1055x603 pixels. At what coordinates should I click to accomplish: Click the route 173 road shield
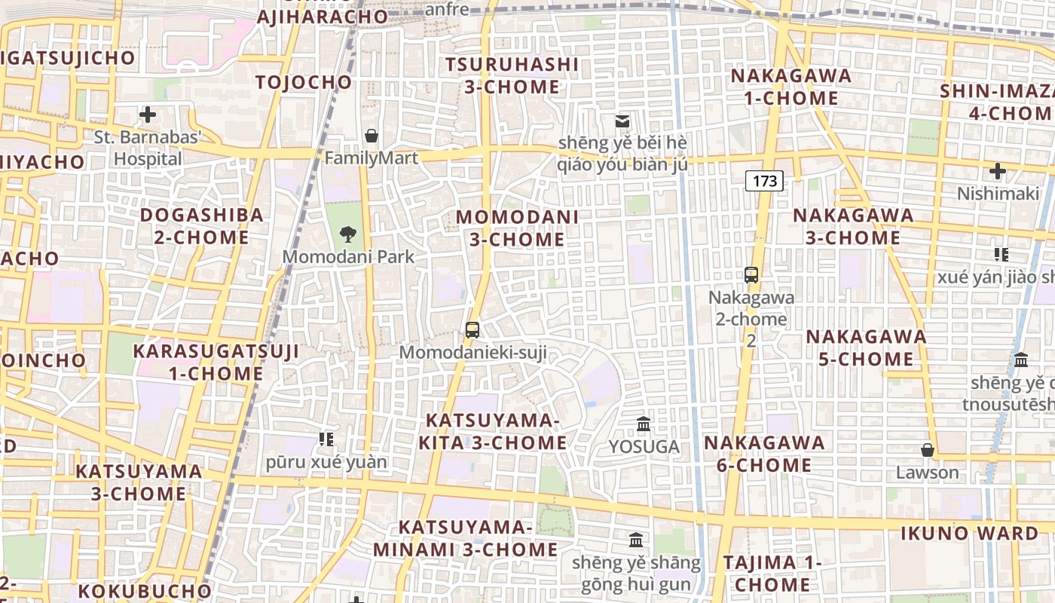point(764,181)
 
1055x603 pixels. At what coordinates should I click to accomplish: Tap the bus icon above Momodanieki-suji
point(472,329)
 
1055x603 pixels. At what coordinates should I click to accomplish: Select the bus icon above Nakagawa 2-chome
point(751,275)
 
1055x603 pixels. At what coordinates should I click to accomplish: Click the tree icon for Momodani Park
point(348,234)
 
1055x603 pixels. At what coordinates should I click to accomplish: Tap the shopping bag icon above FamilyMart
point(372,136)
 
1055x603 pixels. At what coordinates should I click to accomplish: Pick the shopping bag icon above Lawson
point(928,450)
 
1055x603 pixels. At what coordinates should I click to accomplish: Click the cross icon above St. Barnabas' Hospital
point(148,115)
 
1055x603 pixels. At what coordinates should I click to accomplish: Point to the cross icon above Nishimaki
point(998,171)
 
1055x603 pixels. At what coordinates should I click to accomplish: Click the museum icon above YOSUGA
point(644,424)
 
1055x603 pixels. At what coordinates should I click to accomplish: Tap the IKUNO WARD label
point(969,534)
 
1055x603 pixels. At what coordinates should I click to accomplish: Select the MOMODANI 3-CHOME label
point(517,228)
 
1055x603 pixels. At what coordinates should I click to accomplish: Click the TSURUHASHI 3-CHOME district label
point(512,75)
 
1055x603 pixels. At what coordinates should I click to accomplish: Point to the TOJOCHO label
point(304,82)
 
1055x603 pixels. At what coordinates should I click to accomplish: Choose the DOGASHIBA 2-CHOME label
point(201,226)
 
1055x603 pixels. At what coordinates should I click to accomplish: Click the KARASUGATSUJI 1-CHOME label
point(216,362)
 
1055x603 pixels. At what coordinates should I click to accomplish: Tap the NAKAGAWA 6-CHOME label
point(764,454)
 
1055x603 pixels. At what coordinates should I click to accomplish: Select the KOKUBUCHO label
point(144,590)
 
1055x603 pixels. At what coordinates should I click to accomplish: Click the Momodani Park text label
point(348,257)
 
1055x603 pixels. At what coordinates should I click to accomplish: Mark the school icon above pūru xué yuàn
point(326,439)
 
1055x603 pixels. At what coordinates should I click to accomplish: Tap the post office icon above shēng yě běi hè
point(622,121)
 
